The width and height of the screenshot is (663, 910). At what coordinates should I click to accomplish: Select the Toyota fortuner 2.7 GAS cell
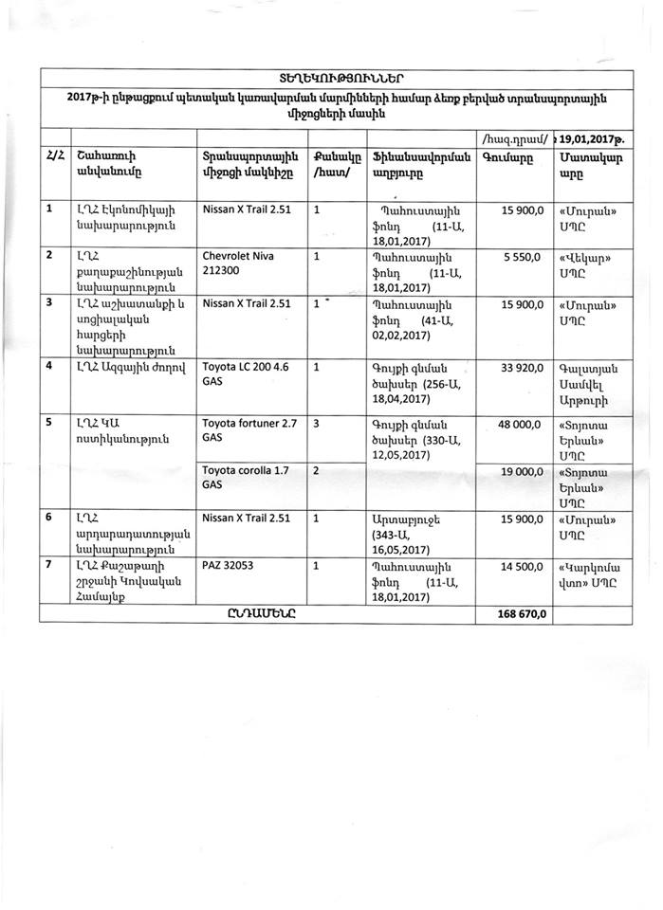click(249, 431)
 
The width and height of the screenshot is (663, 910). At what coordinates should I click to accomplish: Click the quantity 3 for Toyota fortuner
click(317, 426)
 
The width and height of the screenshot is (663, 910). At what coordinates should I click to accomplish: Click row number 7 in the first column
click(49, 565)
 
